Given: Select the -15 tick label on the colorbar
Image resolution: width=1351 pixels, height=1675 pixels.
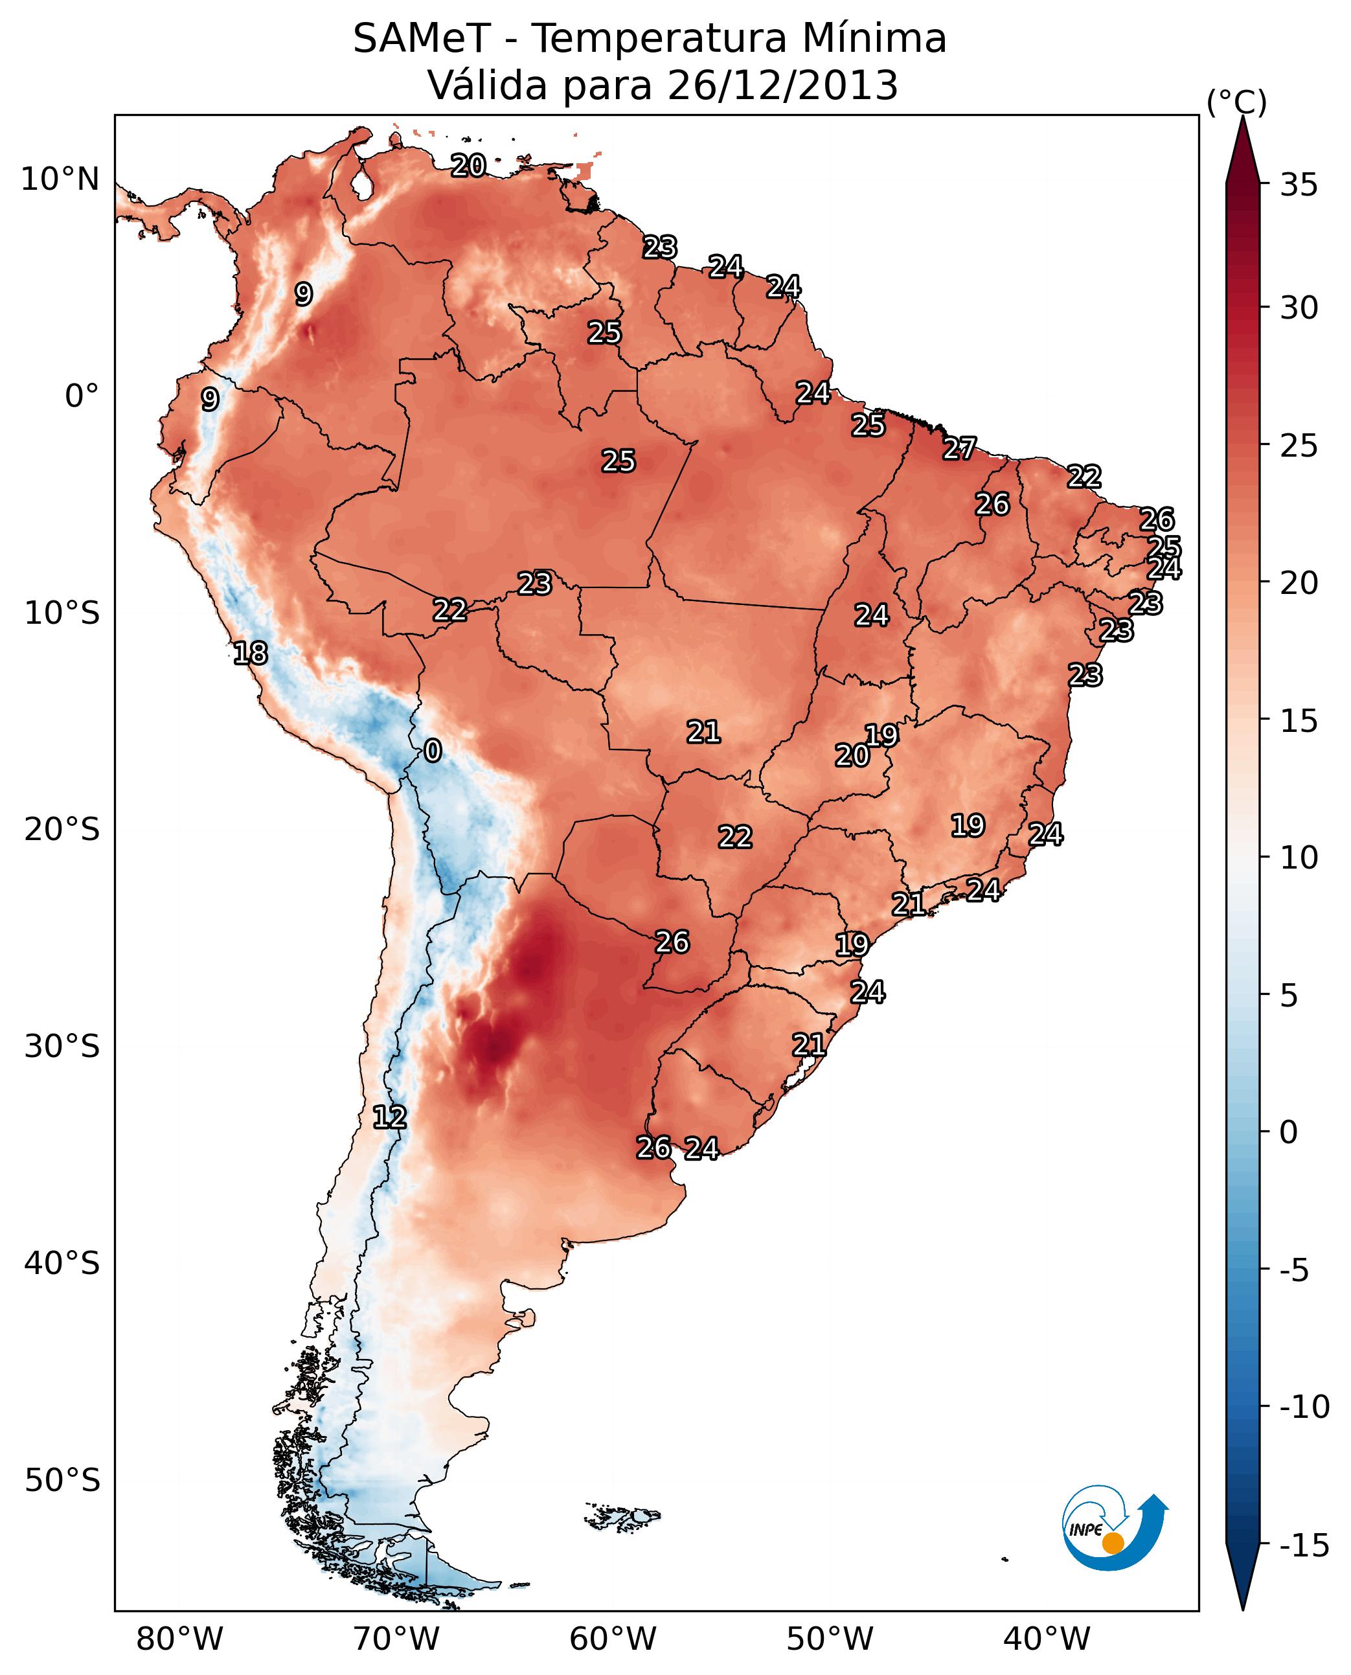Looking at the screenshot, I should point(1304,1546).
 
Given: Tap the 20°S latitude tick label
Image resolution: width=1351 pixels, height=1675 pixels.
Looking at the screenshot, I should point(62,830).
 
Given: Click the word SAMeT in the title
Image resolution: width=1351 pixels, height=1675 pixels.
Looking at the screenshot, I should point(421,39).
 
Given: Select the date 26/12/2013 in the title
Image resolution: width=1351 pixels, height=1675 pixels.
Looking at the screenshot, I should point(783,85).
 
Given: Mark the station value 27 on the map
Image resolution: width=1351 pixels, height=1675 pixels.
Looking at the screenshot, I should point(960,448).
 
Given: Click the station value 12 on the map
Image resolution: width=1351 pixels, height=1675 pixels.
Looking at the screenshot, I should point(389,1118).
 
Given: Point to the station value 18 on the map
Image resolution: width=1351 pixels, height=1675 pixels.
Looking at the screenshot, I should point(251,653).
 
